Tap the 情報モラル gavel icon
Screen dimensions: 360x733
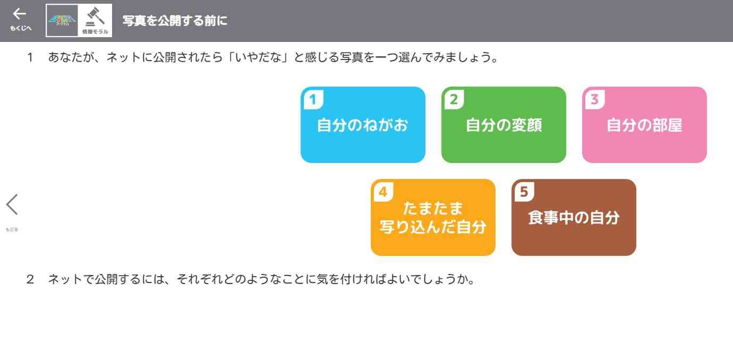pyautogui.click(x=96, y=20)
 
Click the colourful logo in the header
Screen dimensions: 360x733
pyautogui.click(x=63, y=20)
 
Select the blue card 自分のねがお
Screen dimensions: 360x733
pyautogui.click(x=363, y=125)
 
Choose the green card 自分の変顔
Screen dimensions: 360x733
pyautogui.click(x=504, y=125)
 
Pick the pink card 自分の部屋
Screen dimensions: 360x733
pyautogui.click(x=644, y=125)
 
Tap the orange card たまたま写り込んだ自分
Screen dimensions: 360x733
pyautogui.click(x=433, y=218)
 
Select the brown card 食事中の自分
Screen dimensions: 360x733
pyautogui.click(x=574, y=218)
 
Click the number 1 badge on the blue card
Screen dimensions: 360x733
pyautogui.click(x=313, y=99)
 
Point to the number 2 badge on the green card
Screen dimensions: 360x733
pyautogui.click(x=454, y=99)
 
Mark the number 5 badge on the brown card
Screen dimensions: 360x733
pyautogui.click(x=524, y=191)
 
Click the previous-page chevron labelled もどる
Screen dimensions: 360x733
pyautogui.click(x=12, y=205)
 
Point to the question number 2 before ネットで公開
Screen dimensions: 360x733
pyautogui.click(x=30, y=279)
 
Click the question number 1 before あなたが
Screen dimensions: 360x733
pyautogui.click(x=30, y=57)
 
